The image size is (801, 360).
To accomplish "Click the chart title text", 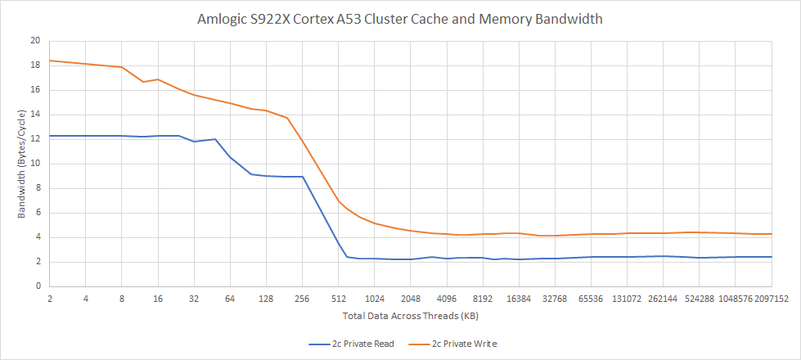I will [400, 19].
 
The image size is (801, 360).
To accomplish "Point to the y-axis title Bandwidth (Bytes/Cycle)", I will [22, 164].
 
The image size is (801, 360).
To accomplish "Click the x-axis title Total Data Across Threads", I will [400, 315].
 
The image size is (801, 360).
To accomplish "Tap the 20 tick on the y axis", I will [34, 40].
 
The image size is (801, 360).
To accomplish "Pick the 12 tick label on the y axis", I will [34, 139].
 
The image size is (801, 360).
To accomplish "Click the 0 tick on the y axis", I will [37, 287].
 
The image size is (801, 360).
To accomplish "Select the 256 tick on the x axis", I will [302, 299].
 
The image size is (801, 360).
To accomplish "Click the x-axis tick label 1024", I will [375, 299].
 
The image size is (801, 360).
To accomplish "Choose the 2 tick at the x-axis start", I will [50, 299].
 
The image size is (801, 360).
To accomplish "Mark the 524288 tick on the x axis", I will [700, 299].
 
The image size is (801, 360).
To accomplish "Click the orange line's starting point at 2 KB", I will [50, 61].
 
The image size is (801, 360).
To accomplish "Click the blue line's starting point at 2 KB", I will [50, 136].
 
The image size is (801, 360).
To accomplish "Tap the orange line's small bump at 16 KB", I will [158, 79].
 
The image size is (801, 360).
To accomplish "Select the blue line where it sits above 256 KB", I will [303, 177].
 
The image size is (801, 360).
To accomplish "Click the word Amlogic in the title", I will [222, 19].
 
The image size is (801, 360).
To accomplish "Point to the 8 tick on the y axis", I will [37, 188].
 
